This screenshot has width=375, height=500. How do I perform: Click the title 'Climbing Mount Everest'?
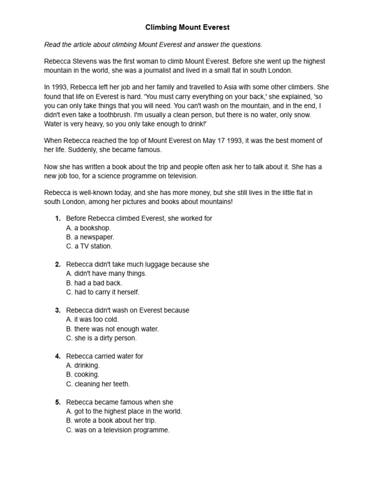click(x=187, y=28)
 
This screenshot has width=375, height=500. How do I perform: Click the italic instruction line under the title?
click(x=153, y=44)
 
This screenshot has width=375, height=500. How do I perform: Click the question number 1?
click(x=58, y=218)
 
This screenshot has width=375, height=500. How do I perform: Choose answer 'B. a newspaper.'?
click(x=90, y=237)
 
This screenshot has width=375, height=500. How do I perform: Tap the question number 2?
click(x=58, y=264)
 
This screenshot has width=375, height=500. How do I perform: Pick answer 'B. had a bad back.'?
click(x=94, y=283)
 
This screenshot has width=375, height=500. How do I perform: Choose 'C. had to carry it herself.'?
click(x=103, y=292)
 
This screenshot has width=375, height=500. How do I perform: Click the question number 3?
click(x=58, y=310)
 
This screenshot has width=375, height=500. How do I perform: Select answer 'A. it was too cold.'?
click(x=93, y=319)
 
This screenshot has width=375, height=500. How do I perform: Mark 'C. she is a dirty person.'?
click(x=102, y=338)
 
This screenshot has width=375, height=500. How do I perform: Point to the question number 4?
click(x=58, y=356)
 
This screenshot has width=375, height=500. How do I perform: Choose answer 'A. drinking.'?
click(x=83, y=365)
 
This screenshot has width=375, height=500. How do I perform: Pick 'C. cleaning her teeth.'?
click(x=98, y=384)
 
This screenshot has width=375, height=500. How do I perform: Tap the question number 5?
click(x=58, y=402)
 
